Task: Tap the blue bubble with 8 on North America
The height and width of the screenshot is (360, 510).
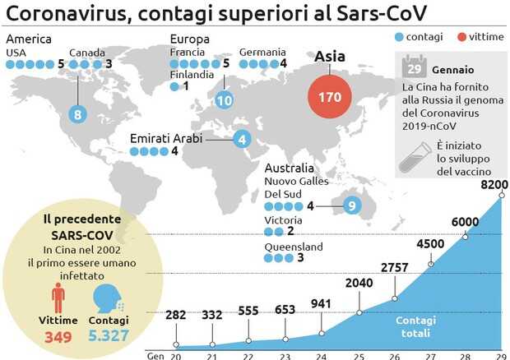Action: pyautogui.click(x=78, y=114)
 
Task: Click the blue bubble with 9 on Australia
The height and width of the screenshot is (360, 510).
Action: pyautogui.click(x=352, y=205)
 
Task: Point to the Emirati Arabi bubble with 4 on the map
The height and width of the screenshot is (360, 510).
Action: pyautogui.click(x=242, y=139)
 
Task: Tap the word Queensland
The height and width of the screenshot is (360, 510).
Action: pyautogui.click(x=293, y=247)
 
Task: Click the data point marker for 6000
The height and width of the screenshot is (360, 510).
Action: pyautogui.click(x=466, y=236)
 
